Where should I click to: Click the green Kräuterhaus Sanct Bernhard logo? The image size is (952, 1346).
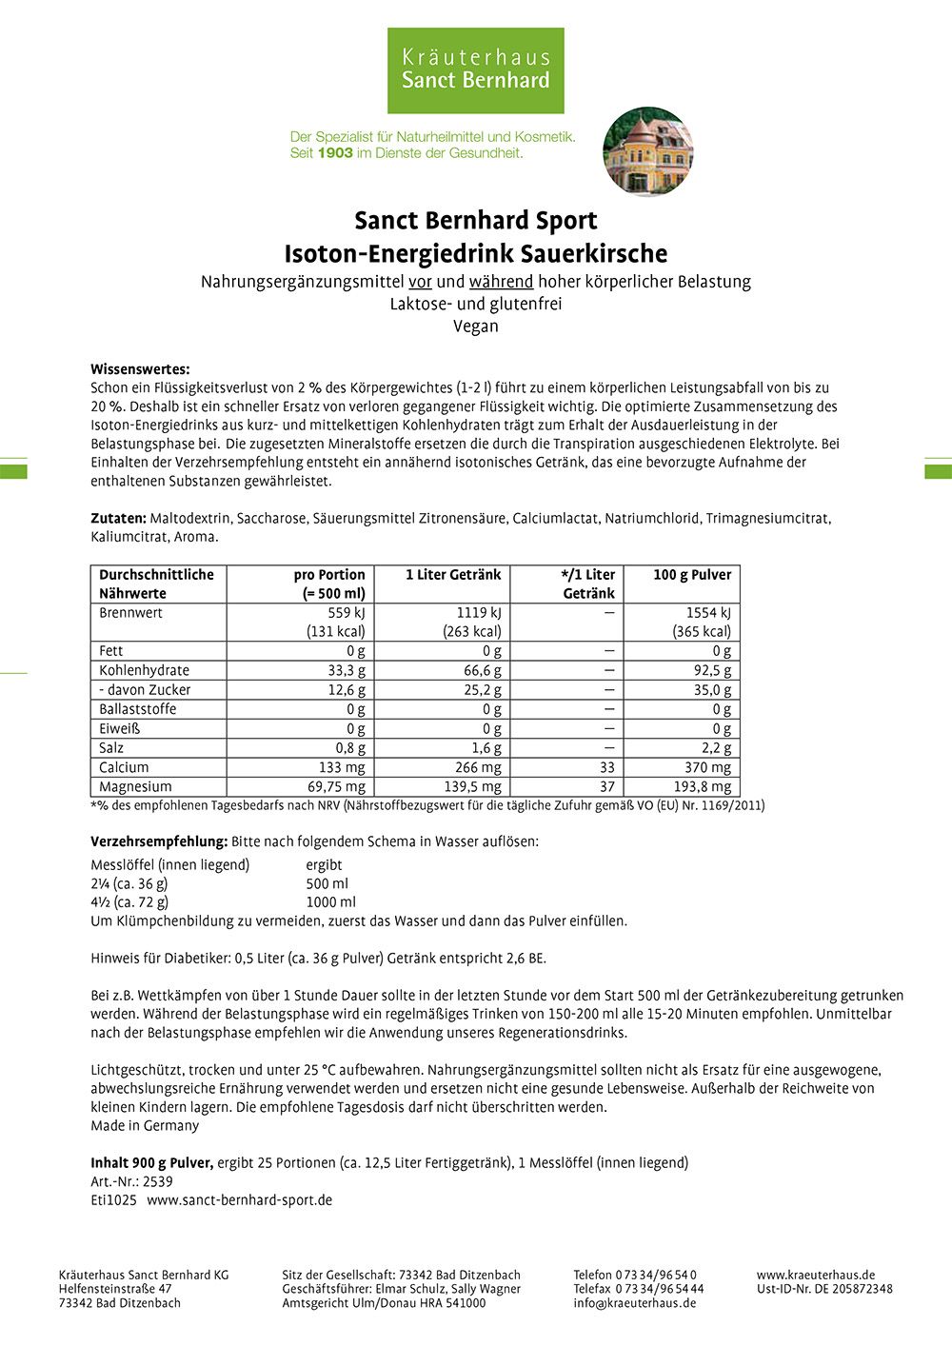click(475, 70)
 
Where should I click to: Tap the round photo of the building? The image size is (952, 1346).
click(647, 151)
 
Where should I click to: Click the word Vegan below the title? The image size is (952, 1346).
click(475, 326)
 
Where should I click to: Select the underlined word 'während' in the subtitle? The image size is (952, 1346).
click(501, 282)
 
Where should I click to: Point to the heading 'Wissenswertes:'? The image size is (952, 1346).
click(140, 369)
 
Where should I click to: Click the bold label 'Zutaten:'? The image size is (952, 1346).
click(118, 519)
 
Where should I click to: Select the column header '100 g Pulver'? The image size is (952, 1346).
click(692, 575)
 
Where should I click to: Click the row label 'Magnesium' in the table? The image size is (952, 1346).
click(135, 787)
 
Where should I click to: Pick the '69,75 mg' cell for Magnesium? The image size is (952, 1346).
click(335, 787)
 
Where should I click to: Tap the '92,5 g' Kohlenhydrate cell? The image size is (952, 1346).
click(712, 670)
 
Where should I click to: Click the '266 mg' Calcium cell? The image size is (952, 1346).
click(478, 767)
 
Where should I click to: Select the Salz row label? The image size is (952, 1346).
click(111, 748)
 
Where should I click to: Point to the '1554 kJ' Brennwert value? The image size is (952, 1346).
click(708, 613)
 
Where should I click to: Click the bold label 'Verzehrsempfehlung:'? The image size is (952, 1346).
click(159, 842)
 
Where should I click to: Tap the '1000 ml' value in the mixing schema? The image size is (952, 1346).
click(330, 902)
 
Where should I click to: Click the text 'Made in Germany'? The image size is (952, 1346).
click(145, 1126)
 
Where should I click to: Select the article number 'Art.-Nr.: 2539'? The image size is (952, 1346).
click(131, 1181)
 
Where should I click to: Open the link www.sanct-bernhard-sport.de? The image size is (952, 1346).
click(239, 1200)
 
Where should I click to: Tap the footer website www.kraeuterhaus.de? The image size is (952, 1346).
click(816, 1275)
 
